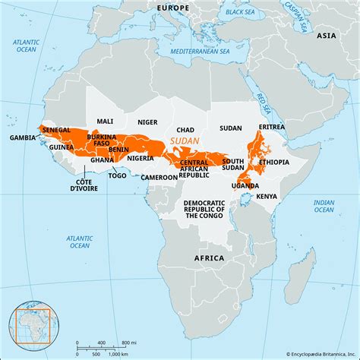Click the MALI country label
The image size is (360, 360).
click(x=106, y=122)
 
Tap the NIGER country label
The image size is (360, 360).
click(x=147, y=122)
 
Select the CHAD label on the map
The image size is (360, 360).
click(x=185, y=129)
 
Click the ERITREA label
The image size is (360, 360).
click(x=271, y=126)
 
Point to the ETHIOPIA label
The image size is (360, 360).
click(x=273, y=162)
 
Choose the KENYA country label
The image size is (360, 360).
click(x=267, y=196)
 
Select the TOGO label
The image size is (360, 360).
click(x=118, y=175)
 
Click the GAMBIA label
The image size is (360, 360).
click(x=23, y=138)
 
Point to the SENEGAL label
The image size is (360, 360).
click(x=56, y=131)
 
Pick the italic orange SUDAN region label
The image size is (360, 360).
click(x=185, y=142)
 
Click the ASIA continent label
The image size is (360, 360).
click(x=326, y=36)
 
